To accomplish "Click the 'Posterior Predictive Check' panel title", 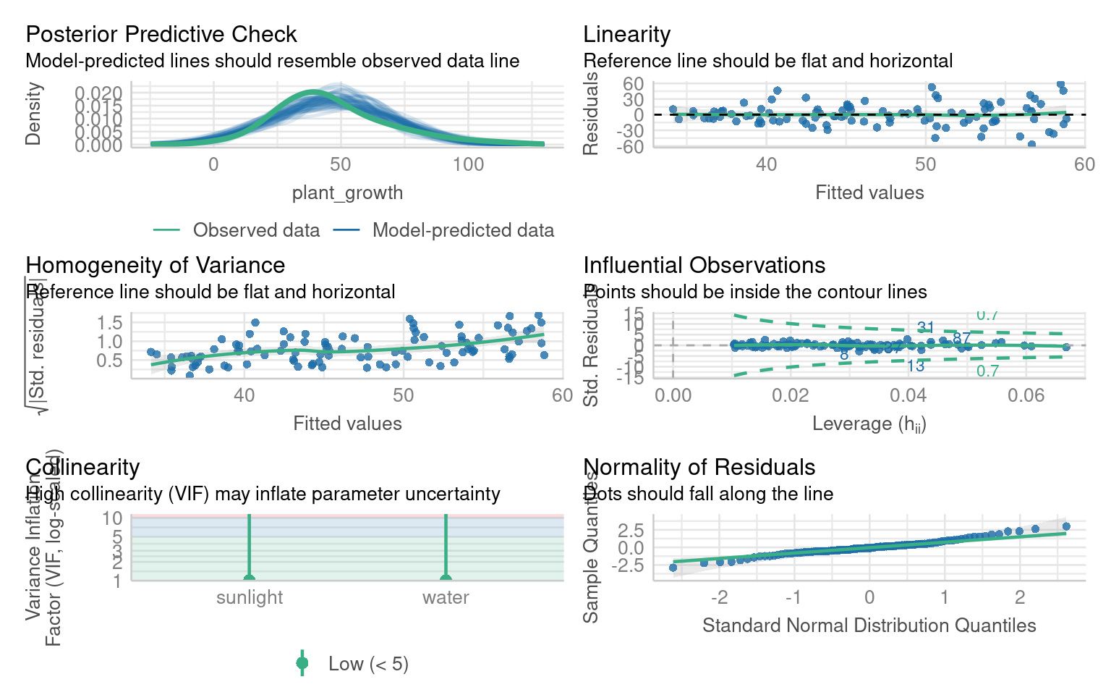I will (x=161, y=34).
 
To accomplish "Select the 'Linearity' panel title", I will (x=626, y=34).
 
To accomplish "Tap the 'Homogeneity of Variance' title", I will (x=155, y=265).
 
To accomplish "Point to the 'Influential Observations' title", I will (x=704, y=265).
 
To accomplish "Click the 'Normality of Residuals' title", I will (x=699, y=467).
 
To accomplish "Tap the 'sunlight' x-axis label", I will (x=250, y=597).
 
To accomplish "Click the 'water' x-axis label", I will (x=446, y=597).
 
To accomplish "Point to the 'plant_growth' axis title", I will (x=347, y=193).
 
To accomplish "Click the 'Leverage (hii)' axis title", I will (x=869, y=424).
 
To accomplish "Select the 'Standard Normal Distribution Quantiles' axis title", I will (x=869, y=625).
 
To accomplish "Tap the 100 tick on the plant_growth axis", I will (x=468, y=164).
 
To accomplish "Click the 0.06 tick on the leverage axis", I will (x=1026, y=395).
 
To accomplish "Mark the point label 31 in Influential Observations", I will (x=926, y=327).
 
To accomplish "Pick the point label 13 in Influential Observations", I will (x=916, y=366).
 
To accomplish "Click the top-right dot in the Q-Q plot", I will (x=1066, y=526).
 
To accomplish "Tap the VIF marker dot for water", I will (x=446, y=578).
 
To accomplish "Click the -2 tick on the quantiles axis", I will (x=719, y=597).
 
